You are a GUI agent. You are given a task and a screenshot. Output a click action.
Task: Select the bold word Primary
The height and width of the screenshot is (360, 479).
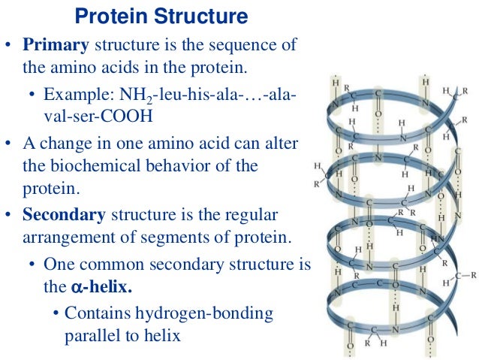(56, 45)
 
